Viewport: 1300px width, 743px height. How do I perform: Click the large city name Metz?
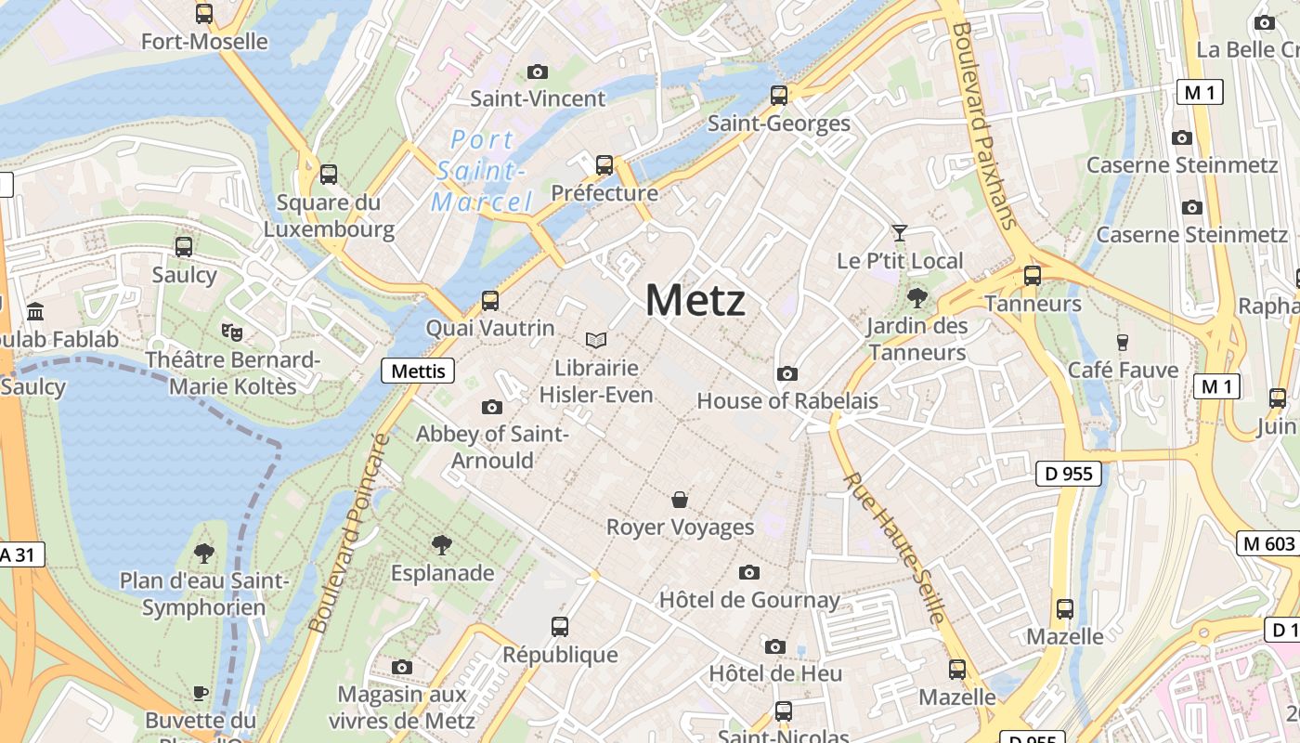pyautogui.click(x=695, y=300)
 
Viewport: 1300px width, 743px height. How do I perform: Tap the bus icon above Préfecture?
pyautogui.click(x=604, y=165)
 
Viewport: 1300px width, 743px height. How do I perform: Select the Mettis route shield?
pyautogui.click(x=418, y=371)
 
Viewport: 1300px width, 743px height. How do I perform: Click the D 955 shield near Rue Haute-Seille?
pyautogui.click(x=1068, y=474)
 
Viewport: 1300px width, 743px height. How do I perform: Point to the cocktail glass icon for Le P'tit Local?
pyautogui.click(x=899, y=232)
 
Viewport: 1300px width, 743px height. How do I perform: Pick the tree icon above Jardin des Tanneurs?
pyautogui.click(x=917, y=298)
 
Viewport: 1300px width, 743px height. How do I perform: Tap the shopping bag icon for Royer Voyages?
pyautogui.click(x=680, y=500)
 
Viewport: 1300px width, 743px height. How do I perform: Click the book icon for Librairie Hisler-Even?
pyautogui.click(x=595, y=341)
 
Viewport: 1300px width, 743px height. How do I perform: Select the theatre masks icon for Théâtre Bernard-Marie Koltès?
pyautogui.click(x=231, y=331)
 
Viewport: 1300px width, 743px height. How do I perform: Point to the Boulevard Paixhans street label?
pyautogui.click(x=984, y=125)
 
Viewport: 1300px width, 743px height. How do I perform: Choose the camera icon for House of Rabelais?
pyautogui.click(x=787, y=373)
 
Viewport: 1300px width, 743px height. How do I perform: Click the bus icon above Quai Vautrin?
pyautogui.click(x=489, y=301)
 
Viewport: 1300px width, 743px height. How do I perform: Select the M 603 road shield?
pyautogui.click(x=1267, y=544)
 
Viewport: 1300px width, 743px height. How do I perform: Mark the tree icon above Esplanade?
pyautogui.click(x=442, y=545)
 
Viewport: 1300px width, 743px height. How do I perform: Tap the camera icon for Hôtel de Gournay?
pyautogui.click(x=749, y=572)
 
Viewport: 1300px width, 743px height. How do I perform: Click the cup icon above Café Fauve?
pyautogui.click(x=1122, y=342)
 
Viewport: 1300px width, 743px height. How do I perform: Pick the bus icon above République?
pyautogui.click(x=559, y=627)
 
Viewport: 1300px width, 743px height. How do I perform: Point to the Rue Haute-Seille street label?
pyautogui.click(x=895, y=548)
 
